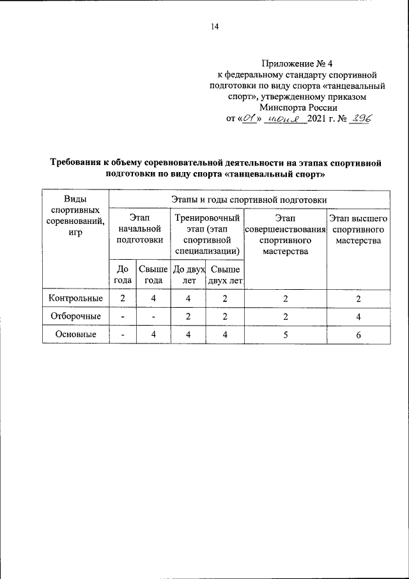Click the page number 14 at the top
pos(214,27)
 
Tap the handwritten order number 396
pos(360,119)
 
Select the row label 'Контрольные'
pos(75,298)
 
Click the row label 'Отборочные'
pos(75,316)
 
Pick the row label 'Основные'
pos(75,334)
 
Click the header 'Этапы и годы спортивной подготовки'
pos(249,200)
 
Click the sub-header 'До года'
pos(122,275)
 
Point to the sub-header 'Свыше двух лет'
pos(225,275)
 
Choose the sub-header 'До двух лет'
pos(187,275)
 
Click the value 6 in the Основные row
pos(359,335)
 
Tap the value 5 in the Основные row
pos(285,335)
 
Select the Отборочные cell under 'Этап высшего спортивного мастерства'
pos(359,316)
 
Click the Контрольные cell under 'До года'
pos(122,298)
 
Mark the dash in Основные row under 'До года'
pos(122,335)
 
